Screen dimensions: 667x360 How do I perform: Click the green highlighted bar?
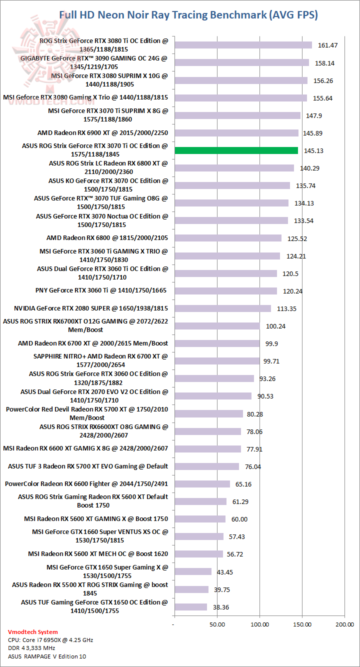[236, 150]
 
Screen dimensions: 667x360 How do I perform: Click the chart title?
[188, 15]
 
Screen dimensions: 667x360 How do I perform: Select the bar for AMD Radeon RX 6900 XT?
[236, 133]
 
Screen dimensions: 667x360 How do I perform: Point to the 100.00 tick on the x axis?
[259, 624]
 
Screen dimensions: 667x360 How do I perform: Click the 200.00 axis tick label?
[344, 624]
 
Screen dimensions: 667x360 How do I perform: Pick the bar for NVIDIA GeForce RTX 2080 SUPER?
[222, 308]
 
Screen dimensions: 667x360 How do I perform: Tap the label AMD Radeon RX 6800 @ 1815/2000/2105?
[107, 238]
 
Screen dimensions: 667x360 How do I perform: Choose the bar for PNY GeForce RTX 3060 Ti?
[225, 291]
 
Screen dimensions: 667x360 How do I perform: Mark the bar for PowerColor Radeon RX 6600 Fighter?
[202, 484]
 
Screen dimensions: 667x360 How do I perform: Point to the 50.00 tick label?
[216, 624]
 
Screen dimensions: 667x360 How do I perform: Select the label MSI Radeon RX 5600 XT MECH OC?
[98, 554]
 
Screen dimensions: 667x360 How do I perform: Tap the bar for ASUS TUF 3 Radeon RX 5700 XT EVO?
[206, 466]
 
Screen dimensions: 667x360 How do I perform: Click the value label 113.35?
[286, 308]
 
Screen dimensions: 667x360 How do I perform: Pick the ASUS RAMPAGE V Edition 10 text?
[43, 656]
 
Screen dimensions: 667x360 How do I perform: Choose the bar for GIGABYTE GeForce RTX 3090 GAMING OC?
[241, 62]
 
